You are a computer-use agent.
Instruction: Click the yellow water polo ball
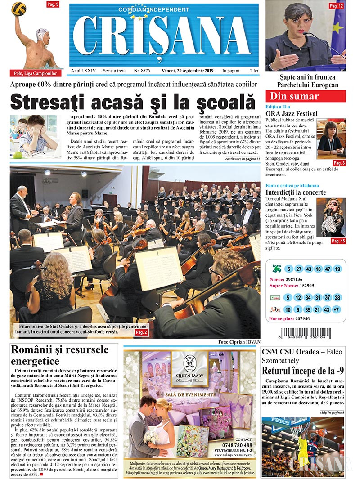tap(18, 8)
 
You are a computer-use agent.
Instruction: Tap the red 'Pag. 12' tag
tap(336, 6)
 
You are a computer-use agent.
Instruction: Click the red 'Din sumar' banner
tap(306, 96)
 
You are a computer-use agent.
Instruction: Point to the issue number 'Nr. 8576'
tap(143, 71)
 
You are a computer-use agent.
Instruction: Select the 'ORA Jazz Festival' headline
tap(291, 114)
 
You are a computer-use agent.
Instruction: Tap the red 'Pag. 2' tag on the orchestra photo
tap(141, 332)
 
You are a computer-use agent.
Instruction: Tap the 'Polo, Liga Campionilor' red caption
tap(35, 73)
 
